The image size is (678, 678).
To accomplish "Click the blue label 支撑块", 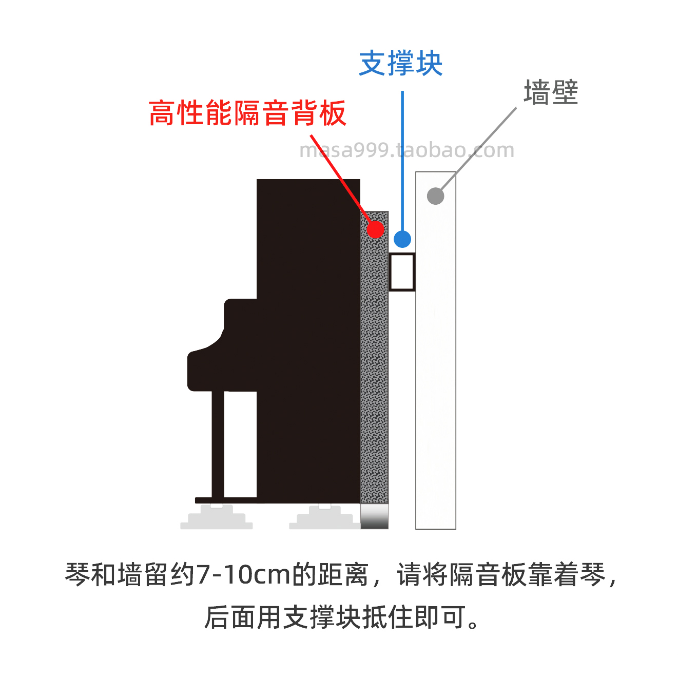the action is (401, 64).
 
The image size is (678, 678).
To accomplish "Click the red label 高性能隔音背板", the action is (247, 113).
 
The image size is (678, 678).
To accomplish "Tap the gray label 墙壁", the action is (551, 92).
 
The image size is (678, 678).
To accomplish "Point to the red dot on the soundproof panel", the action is (376, 229).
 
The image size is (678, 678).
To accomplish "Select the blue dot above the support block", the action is (402, 239).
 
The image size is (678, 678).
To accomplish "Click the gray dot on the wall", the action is (435, 196).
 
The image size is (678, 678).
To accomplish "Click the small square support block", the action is (402, 272).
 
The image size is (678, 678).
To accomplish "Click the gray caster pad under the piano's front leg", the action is (217, 518).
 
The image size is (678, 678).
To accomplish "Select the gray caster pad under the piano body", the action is (324, 518).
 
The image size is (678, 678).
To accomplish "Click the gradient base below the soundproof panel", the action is (375, 516).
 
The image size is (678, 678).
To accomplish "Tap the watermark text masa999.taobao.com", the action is (406, 150).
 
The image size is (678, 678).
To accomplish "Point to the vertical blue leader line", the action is (402, 164).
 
